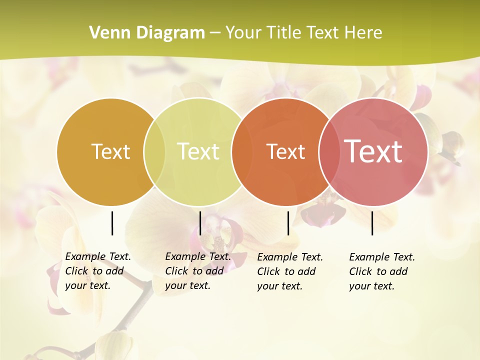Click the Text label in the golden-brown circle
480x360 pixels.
(x=110, y=151)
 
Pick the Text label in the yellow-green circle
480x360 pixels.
(x=198, y=151)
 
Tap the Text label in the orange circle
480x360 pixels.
(x=285, y=151)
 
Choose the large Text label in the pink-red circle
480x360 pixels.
(x=373, y=151)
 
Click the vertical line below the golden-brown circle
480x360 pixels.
(x=112, y=223)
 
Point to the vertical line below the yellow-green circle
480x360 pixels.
(x=200, y=223)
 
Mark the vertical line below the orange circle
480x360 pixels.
(x=288, y=223)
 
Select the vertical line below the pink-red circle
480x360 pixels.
(x=372, y=223)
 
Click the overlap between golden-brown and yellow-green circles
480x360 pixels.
(x=154, y=151)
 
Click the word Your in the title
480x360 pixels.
(x=243, y=33)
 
